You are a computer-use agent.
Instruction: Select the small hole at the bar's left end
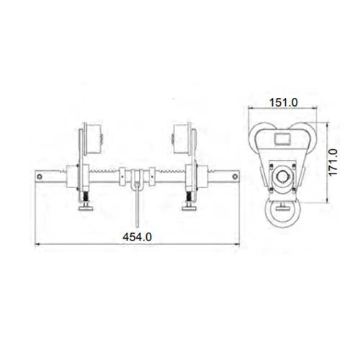tap(41, 174)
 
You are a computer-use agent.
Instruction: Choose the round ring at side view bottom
tap(284, 213)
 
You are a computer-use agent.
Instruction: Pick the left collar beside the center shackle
tap(123, 175)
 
